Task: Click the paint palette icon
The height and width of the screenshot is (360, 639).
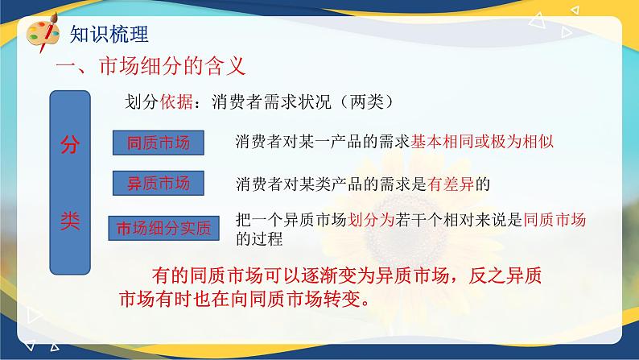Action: (43, 32)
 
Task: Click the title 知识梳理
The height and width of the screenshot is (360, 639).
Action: (109, 34)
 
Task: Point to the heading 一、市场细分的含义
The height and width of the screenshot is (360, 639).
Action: (150, 66)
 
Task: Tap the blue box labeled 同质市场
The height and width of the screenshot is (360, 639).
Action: (158, 143)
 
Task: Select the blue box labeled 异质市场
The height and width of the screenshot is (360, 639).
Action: (158, 183)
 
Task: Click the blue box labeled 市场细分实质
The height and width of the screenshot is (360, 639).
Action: (163, 228)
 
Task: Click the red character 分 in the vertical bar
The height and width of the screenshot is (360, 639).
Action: (70, 145)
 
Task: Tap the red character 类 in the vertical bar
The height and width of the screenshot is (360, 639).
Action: (70, 221)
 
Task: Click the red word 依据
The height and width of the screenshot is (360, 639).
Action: (176, 101)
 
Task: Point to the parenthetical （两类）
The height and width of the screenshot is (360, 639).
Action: (366, 101)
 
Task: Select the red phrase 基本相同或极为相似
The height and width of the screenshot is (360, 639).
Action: (482, 142)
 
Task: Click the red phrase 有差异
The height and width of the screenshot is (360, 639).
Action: (451, 184)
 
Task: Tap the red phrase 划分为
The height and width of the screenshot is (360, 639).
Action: (370, 220)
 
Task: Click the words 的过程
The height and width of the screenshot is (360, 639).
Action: (259, 238)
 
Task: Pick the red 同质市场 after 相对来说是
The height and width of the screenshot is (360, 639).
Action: (554, 220)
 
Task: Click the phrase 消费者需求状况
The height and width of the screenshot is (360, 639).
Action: (271, 101)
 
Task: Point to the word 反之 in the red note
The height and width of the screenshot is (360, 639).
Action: (487, 275)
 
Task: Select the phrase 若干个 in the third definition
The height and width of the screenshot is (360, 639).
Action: (418, 220)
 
